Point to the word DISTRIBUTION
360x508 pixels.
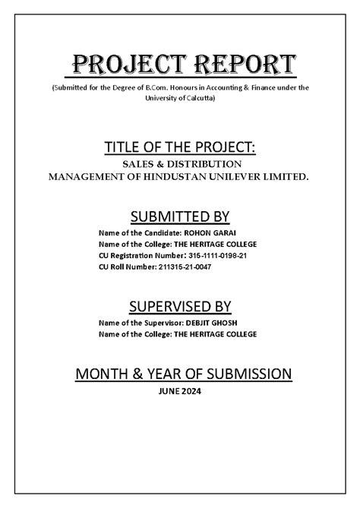204,163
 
